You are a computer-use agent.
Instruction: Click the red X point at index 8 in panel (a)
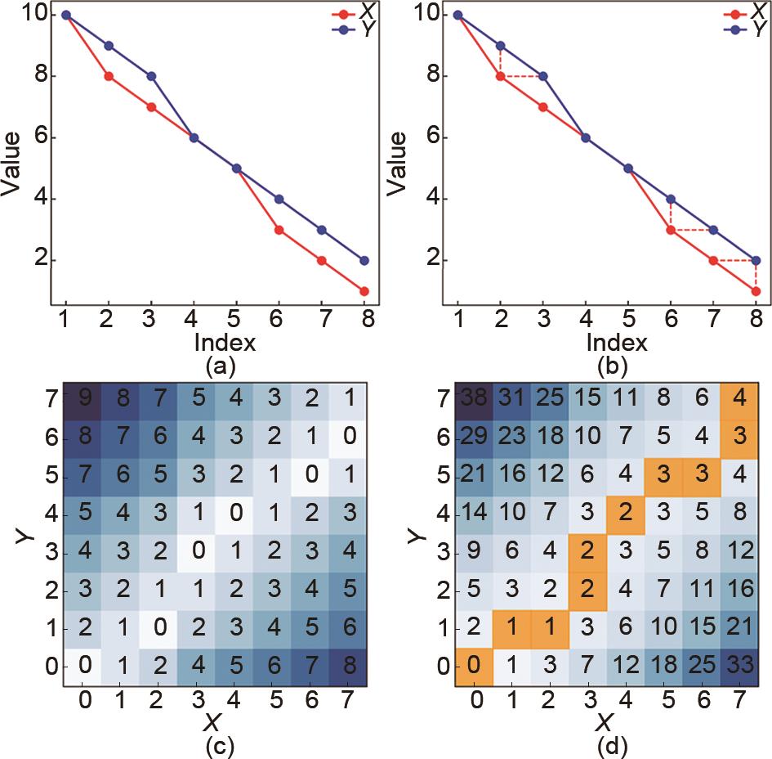[x=364, y=291]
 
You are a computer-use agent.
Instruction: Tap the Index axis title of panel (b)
[x=606, y=340]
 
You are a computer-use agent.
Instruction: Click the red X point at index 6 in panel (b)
[x=671, y=230]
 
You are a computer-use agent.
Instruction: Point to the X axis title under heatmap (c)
[x=214, y=721]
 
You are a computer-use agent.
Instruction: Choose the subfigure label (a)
[x=214, y=366]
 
